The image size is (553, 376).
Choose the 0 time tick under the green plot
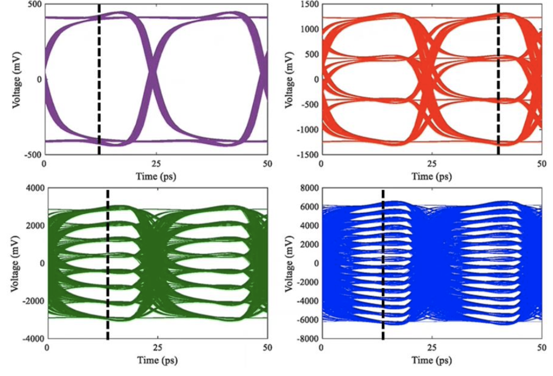coord(48,348)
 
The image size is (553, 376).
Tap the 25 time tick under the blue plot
coord(432,348)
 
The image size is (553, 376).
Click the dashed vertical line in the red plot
coord(498,79)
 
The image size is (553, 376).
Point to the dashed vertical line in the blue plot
coord(382,265)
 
